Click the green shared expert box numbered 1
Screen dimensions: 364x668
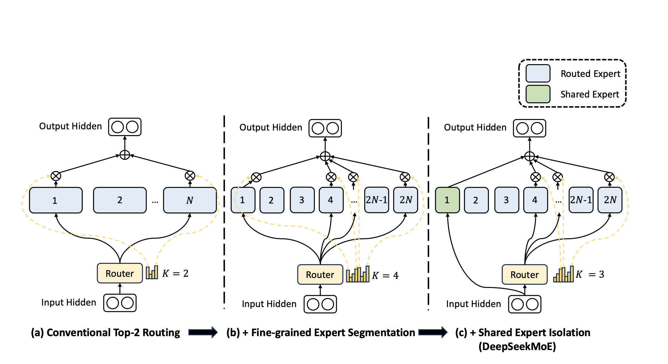click(x=447, y=200)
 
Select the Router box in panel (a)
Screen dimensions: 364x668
click(x=120, y=273)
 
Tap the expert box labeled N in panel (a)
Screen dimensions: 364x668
click(x=190, y=200)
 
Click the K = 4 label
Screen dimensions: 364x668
click(x=385, y=275)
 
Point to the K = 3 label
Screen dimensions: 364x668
click(x=590, y=274)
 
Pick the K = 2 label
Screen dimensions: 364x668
click(x=175, y=273)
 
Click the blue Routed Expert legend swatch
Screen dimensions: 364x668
click(x=538, y=74)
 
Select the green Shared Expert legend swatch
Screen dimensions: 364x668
click(x=538, y=94)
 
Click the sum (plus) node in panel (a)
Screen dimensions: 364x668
click(x=125, y=155)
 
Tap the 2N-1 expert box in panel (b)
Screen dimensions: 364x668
click(x=376, y=200)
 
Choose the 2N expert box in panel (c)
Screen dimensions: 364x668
click(x=610, y=200)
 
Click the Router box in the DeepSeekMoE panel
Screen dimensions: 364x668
click(x=525, y=275)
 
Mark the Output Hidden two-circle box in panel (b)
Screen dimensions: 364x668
click(x=325, y=128)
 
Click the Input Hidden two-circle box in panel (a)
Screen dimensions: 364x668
click(x=120, y=303)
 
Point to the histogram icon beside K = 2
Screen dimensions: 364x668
click(x=152, y=272)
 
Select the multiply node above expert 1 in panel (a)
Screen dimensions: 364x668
click(x=56, y=176)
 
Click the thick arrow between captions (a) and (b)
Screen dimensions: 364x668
click(x=203, y=333)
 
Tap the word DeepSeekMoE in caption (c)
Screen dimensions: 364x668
click(x=517, y=346)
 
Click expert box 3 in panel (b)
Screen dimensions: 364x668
click(x=302, y=200)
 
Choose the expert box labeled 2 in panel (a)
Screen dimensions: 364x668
click(x=120, y=200)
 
